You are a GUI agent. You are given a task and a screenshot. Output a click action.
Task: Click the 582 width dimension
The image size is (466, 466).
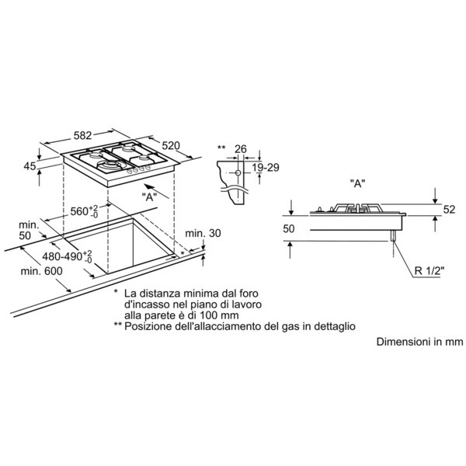point(82,135)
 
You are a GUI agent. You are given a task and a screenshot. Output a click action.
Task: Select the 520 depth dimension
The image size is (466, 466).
point(171,145)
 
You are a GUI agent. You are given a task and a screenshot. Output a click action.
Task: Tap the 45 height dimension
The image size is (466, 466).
point(30,166)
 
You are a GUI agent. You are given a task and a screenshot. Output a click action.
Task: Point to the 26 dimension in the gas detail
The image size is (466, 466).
point(241,149)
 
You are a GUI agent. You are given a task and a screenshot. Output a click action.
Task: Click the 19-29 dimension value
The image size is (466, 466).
point(266,168)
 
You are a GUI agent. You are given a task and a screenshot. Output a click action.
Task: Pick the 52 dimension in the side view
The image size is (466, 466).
point(449,210)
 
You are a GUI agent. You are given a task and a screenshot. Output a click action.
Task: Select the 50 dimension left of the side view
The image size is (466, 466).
point(289,228)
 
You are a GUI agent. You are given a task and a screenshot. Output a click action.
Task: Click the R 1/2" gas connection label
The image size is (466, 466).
point(429,271)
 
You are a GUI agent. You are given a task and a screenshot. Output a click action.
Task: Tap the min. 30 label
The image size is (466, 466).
point(203,233)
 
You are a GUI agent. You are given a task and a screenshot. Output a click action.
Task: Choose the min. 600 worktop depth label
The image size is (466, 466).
point(42,271)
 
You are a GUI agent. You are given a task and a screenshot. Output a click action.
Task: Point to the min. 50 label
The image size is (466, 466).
point(29,230)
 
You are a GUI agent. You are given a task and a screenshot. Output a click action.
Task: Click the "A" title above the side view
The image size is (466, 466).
point(357,183)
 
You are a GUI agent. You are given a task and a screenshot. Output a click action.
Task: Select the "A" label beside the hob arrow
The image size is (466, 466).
point(149,196)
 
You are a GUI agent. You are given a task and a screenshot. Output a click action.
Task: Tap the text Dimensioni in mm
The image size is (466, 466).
point(419,342)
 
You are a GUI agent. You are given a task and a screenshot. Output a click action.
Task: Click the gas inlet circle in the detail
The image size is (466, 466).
point(238,172)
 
